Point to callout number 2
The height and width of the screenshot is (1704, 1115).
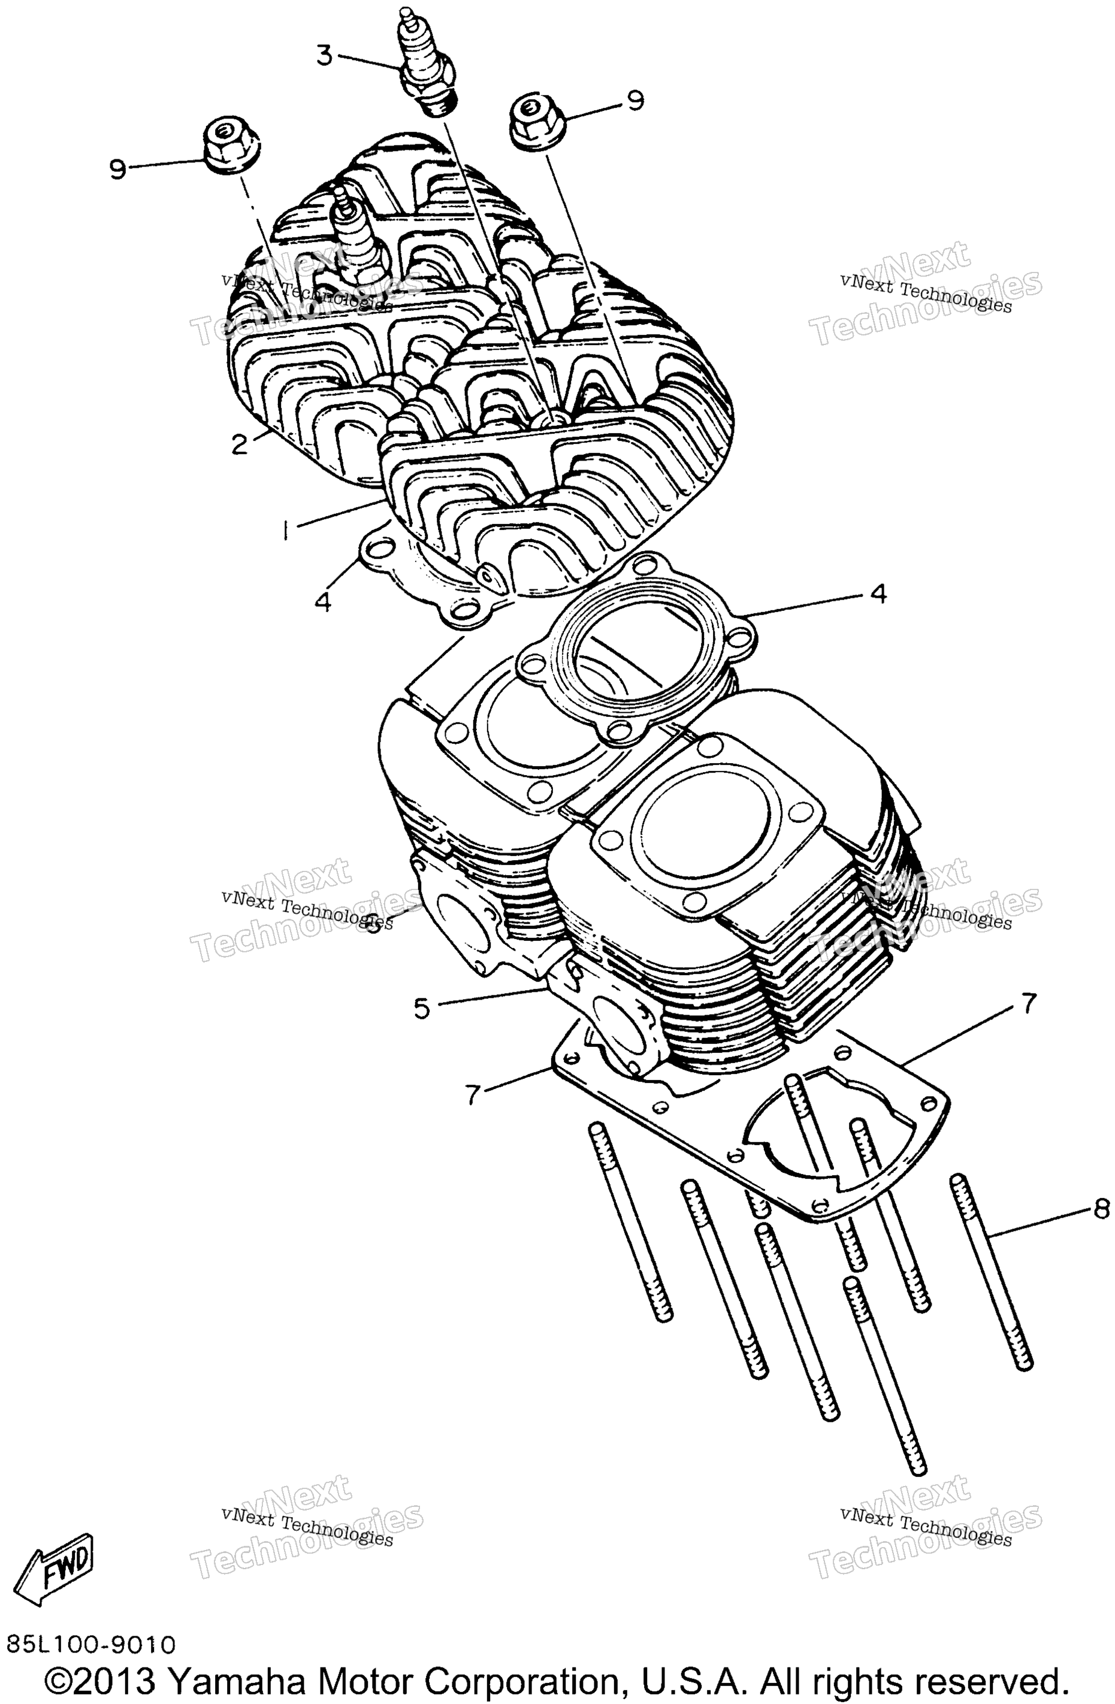click(239, 444)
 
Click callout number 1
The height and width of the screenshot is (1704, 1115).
click(286, 531)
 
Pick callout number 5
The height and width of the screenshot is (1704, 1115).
click(422, 1009)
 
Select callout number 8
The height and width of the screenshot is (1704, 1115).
click(1101, 1209)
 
